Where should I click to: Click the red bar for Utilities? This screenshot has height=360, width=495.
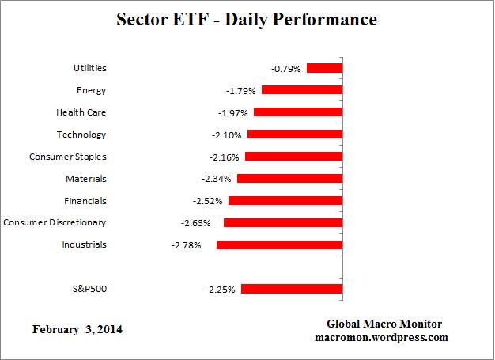(x=324, y=69)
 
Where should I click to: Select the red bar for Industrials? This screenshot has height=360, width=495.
(x=279, y=245)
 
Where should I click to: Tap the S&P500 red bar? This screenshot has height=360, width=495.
(x=292, y=289)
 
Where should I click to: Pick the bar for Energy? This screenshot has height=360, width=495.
(x=302, y=90)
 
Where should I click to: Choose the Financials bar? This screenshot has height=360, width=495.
(x=285, y=201)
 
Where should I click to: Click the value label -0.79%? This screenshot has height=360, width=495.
(x=286, y=69)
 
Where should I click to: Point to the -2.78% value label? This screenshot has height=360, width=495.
(x=186, y=245)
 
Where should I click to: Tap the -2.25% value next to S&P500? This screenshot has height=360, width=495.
(x=220, y=289)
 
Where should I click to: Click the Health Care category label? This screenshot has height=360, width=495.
(x=81, y=112)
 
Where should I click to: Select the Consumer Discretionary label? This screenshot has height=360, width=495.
(x=55, y=222)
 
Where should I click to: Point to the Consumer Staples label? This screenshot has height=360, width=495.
(x=68, y=157)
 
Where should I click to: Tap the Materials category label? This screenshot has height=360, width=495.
(x=86, y=179)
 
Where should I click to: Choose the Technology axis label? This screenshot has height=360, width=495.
(x=81, y=135)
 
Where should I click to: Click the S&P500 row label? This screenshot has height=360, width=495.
(x=89, y=289)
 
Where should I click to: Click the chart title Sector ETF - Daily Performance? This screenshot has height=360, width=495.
(x=247, y=18)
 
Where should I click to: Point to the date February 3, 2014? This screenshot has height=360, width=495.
(x=77, y=328)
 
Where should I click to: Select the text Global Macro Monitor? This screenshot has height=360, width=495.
(x=384, y=324)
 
